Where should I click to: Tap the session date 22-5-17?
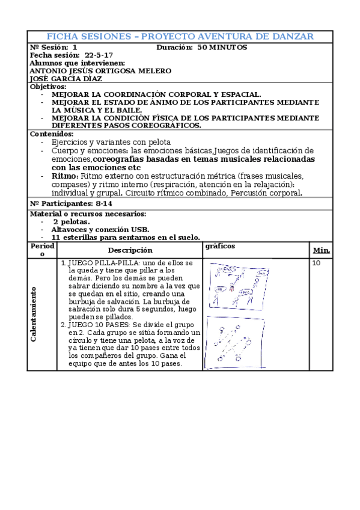click(99, 55)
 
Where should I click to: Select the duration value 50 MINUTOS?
click(222, 48)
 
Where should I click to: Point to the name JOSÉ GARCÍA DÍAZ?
click(66, 78)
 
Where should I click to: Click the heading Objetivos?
click(48, 87)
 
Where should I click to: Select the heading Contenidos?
click(52, 134)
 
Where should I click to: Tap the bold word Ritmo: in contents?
click(64, 176)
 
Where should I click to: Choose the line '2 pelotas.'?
click(72, 221)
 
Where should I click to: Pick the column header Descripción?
click(130, 250)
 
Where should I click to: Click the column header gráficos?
click(220, 246)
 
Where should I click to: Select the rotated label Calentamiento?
click(34, 314)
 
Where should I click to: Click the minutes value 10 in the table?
click(317, 263)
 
